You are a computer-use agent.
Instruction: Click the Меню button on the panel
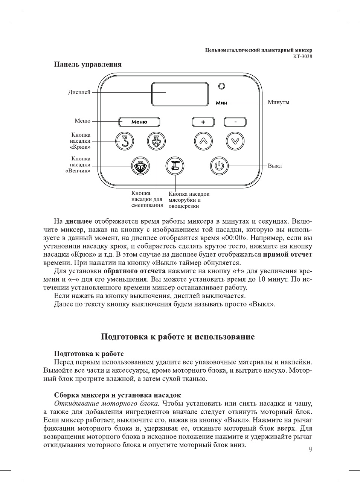[139, 122]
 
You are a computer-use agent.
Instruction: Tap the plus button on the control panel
[203, 122]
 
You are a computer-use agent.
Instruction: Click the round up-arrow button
[203, 141]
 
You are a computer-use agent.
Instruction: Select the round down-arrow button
[235, 141]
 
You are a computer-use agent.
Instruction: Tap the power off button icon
[219, 166]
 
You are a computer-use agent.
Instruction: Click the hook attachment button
[125, 141]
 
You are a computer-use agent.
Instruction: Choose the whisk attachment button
[140, 166]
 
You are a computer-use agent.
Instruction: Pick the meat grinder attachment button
[175, 166]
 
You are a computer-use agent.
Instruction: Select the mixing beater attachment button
[156, 141]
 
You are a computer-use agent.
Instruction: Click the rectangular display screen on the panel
[180, 94]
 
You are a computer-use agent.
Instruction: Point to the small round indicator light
[222, 86]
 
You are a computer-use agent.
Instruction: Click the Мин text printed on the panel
[221, 103]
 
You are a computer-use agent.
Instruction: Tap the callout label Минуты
[278, 102]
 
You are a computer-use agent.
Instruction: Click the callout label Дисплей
[79, 92]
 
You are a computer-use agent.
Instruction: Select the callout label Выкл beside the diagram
[275, 166]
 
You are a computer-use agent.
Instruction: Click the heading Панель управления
[88, 64]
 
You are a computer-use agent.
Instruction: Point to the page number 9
[310, 449]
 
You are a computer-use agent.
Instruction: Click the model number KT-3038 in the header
[302, 56]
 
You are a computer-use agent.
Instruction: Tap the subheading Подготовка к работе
[89, 353]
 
